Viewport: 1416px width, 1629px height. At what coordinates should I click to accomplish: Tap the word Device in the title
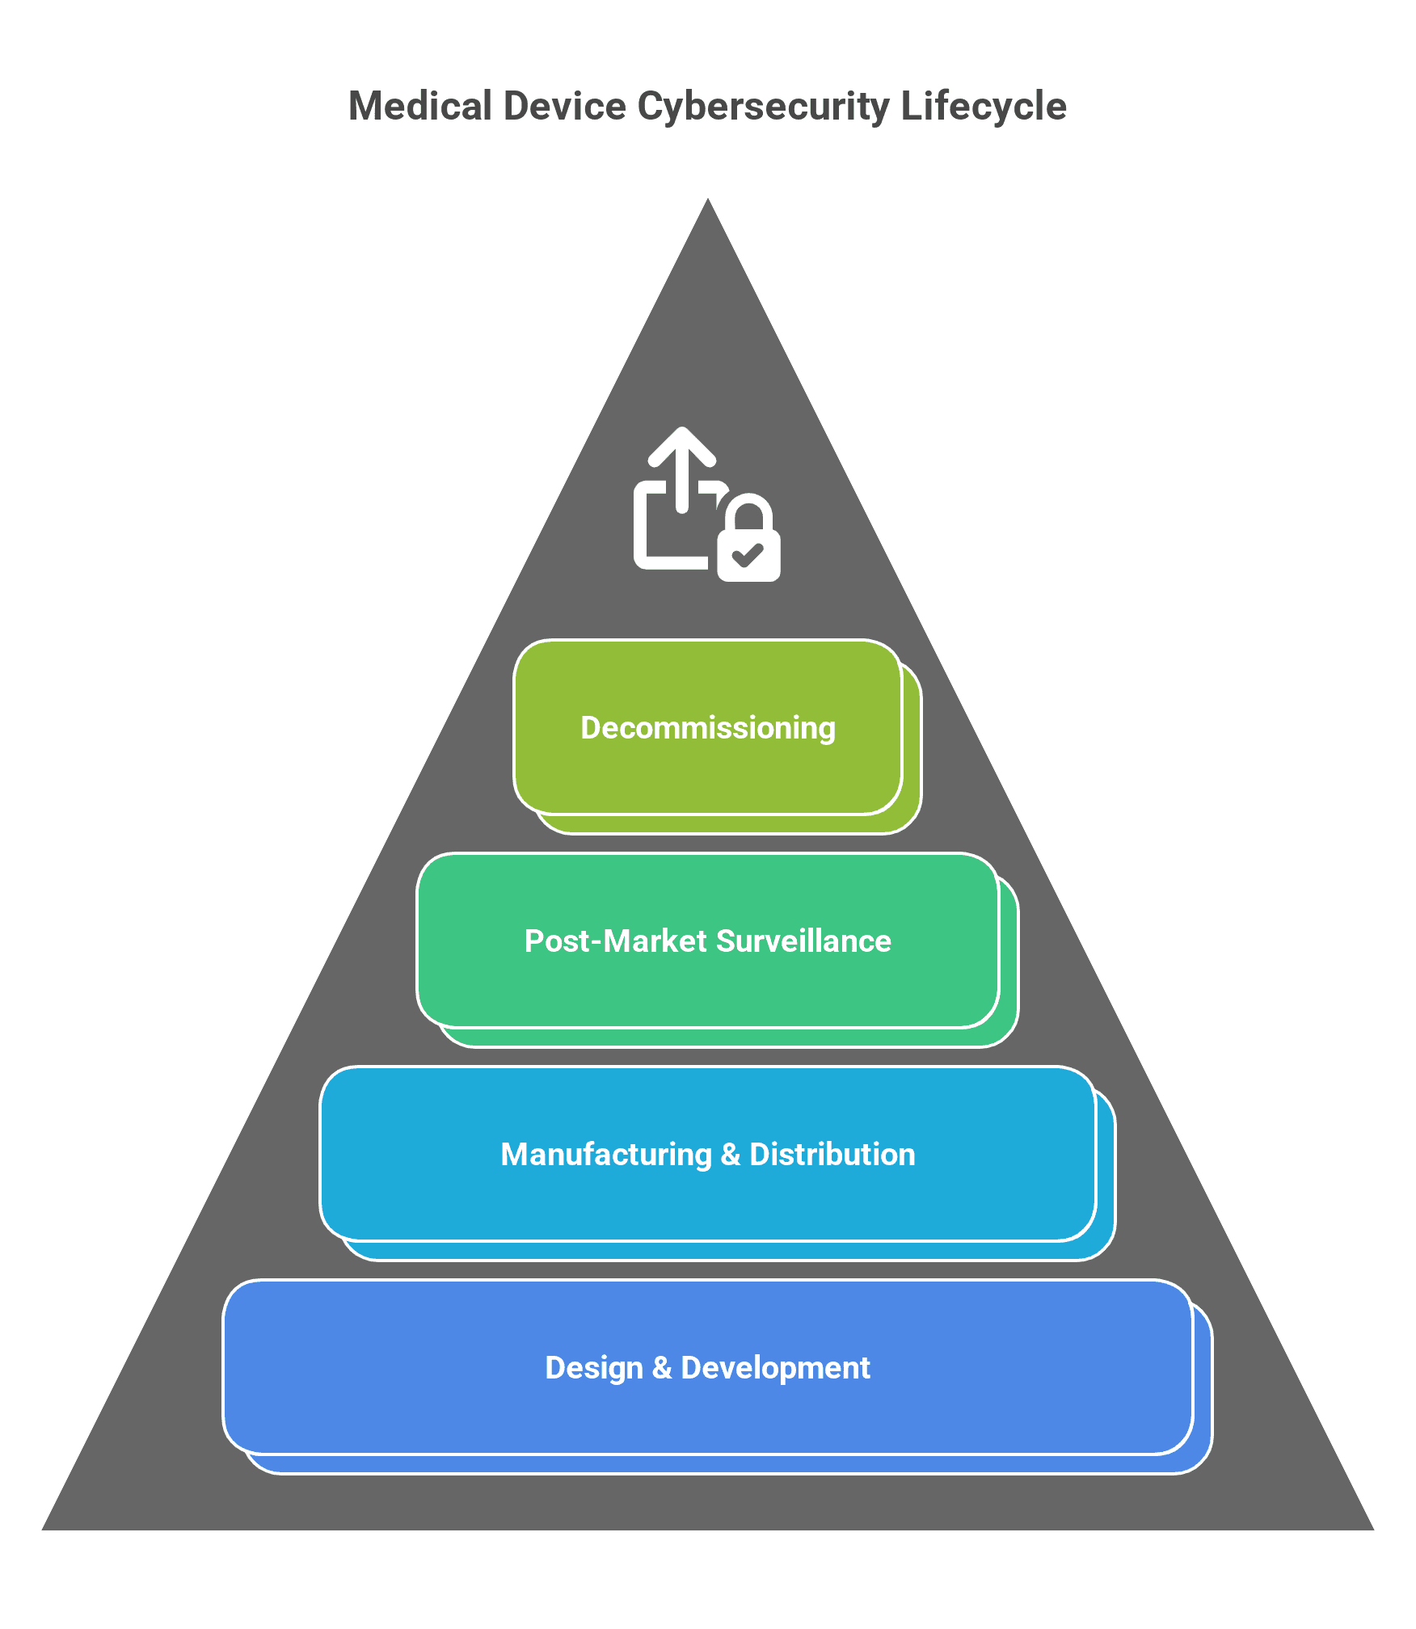(x=565, y=106)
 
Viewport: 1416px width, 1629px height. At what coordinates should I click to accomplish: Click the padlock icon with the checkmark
(x=748, y=537)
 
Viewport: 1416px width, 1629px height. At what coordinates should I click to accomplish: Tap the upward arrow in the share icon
(x=682, y=469)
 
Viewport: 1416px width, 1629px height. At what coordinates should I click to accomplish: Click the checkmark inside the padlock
(x=748, y=555)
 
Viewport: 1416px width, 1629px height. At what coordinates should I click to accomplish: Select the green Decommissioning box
(x=708, y=727)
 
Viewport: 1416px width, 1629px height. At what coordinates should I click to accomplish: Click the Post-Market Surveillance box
(x=708, y=941)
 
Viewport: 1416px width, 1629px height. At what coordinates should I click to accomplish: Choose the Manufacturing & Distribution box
(x=708, y=1154)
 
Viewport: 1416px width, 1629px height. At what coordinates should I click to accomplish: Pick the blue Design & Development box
(x=708, y=1367)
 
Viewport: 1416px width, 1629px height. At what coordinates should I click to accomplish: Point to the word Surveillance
(x=803, y=941)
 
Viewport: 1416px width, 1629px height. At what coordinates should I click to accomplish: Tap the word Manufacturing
(x=606, y=1155)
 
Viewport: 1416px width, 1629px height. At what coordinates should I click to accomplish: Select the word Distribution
(x=832, y=1155)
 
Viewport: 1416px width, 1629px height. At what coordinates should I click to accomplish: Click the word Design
(x=594, y=1369)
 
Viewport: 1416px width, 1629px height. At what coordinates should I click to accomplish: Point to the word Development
(x=776, y=1369)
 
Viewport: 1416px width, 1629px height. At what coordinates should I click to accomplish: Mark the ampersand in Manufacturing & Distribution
(x=731, y=1155)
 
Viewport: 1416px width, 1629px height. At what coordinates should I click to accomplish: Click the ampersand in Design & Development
(x=662, y=1368)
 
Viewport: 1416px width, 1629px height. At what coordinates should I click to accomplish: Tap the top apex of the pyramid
(x=708, y=199)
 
